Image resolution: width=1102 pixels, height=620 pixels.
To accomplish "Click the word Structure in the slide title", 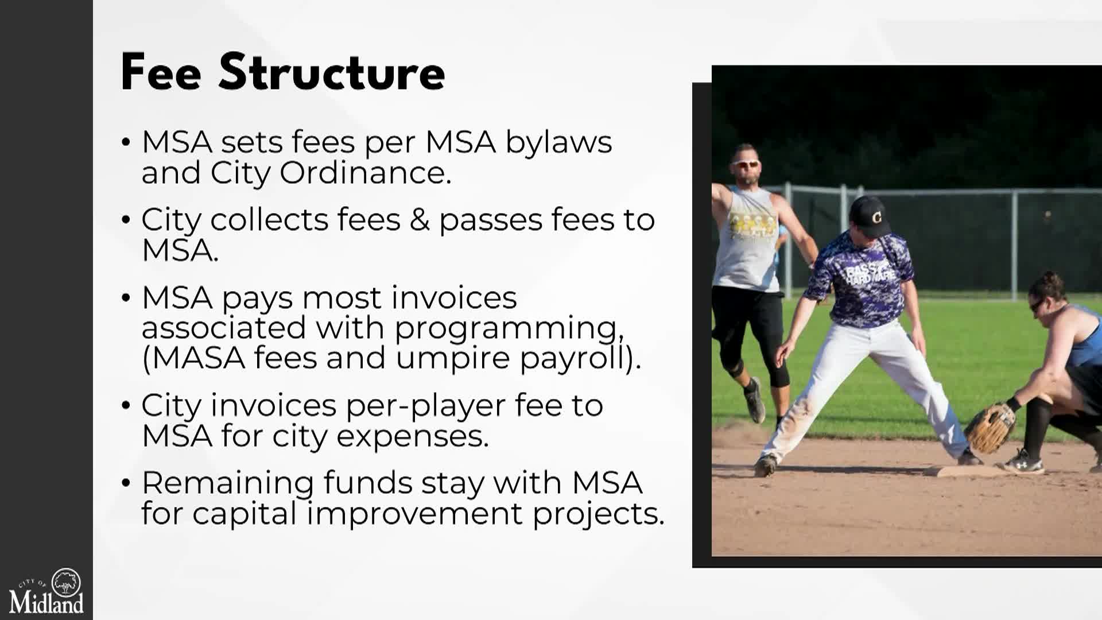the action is [x=332, y=72].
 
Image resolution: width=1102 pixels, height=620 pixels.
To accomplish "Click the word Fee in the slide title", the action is [x=161, y=72].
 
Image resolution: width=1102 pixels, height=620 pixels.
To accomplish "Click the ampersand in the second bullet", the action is [x=420, y=220].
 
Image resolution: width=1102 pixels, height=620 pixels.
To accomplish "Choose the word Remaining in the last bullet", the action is [x=227, y=483].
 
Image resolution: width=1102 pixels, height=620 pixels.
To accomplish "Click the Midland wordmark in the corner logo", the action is [x=46, y=603].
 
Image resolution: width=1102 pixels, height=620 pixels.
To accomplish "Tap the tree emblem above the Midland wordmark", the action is [x=67, y=582].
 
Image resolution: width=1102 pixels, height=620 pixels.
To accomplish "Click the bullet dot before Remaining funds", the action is [x=126, y=483].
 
